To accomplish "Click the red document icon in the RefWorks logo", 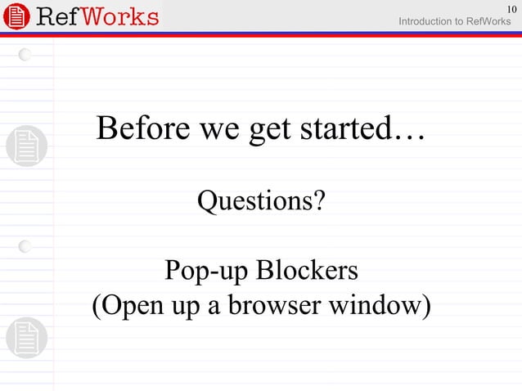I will [x=16, y=16].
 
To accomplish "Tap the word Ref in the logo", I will [x=56, y=16].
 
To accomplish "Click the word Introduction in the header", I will [x=424, y=20].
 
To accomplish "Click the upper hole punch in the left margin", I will [x=26, y=55].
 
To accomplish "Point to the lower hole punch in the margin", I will [x=26, y=245].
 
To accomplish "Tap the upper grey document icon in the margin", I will [x=26, y=146].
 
